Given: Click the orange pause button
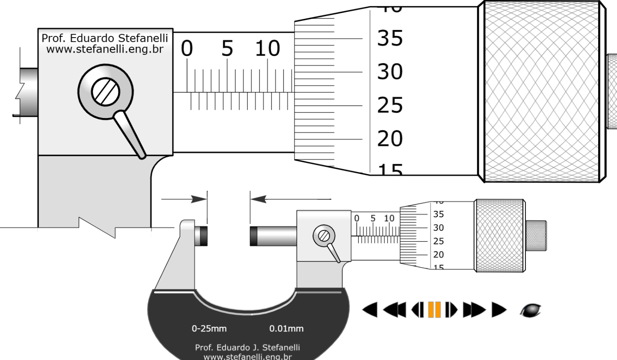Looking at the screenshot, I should tap(434, 310).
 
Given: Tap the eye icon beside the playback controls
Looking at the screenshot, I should tap(531, 310).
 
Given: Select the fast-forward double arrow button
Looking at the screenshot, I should tap(474, 310).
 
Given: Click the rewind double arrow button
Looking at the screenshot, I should tap(394, 310).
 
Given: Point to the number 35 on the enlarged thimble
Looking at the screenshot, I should tap(390, 38).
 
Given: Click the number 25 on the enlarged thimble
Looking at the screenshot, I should tap(390, 105).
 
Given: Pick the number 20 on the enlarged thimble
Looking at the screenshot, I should tap(390, 139).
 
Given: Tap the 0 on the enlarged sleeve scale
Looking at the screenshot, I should tap(187, 49).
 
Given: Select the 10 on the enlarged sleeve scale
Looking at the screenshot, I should tap(268, 49).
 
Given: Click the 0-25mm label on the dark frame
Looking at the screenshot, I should tap(209, 329).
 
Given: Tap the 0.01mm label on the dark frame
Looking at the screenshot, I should tap(286, 329).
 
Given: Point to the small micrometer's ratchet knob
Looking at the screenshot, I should tap(536, 236).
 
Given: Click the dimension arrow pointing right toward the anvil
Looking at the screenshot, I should tap(184, 199).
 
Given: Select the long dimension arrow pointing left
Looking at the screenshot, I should tap(291, 199).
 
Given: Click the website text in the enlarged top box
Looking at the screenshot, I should tap(105, 49).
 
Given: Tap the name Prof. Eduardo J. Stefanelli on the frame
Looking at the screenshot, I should tap(247, 347).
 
